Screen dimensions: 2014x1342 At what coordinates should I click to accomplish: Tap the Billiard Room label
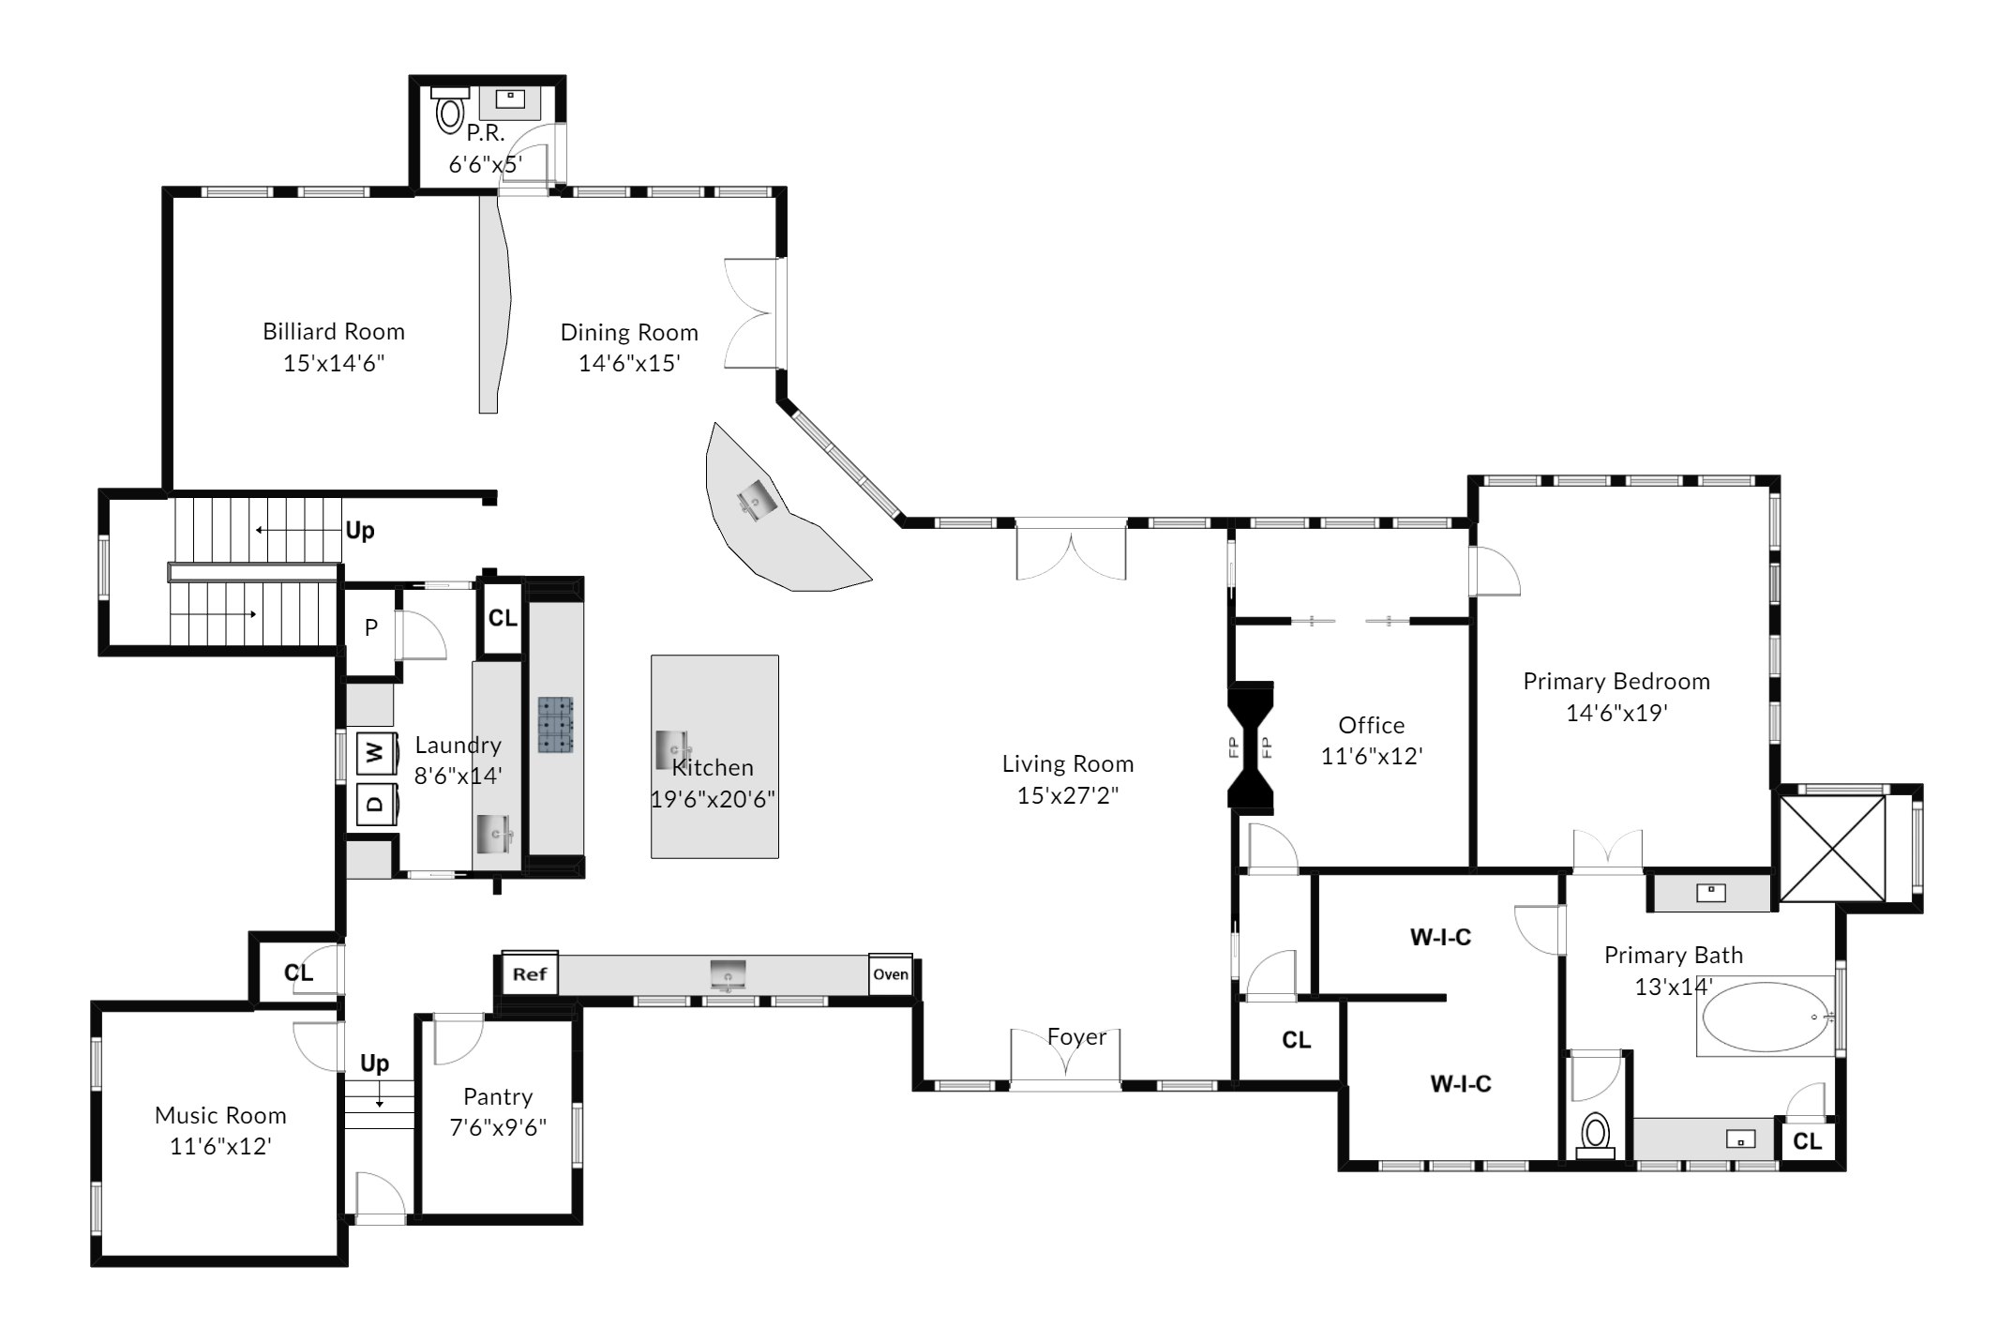pyautogui.click(x=334, y=331)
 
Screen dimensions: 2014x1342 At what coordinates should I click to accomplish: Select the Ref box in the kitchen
pyautogui.click(x=530, y=973)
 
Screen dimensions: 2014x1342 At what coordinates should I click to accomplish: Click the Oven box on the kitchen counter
pyautogui.click(x=891, y=974)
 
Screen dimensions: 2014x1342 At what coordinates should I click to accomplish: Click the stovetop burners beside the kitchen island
pyautogui.click(x=556, y=725)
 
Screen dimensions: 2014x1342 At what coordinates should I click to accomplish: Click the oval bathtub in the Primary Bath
pyautogui.click(x=1766, y=1017)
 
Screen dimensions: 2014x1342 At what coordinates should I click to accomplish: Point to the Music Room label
pyautogui.click(x=220, y=1115)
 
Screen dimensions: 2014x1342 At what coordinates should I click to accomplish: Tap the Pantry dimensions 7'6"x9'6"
pyautogui.click(x=498, y=1127)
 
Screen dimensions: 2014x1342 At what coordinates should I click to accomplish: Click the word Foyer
pyautogui.click(x=1076, y=1037)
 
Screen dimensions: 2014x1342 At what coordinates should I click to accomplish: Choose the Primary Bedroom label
pyautogui.click(x=1616, y=681)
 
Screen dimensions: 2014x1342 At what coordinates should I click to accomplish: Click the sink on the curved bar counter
pyautogui.click(x=756, y=500)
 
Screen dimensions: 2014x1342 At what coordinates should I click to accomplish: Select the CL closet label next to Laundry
pyautogui.click(x=503, y=618)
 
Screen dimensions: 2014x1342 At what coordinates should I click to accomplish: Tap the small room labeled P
pyautogui.click(x=371, y=627)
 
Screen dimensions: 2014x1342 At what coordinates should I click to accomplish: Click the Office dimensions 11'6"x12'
pyautogui.click(x=1372, y=756)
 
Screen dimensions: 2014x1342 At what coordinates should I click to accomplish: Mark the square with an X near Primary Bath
pyautogui.click(x=1832, y=849)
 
